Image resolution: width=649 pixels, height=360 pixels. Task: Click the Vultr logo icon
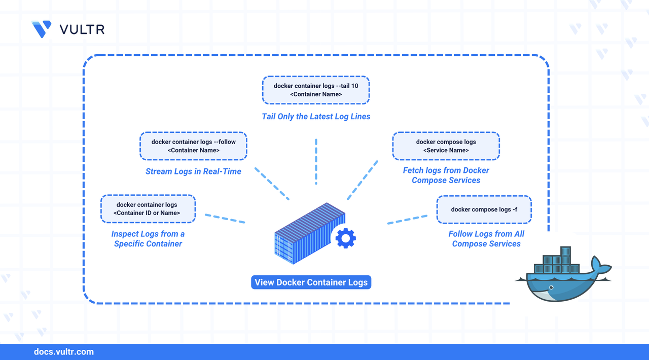pyautogui.click(x=42, y=29)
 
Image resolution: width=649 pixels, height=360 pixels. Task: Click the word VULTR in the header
pyautogui.click(x=82, y=29)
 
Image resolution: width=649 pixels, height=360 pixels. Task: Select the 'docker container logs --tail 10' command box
pyautogui.click(x=315, y=90)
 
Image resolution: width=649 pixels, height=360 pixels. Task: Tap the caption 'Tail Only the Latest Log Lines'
pyautogui.click(x=316, y=117)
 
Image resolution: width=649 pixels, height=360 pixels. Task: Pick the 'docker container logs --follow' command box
pyautogui.click(x=193, y=146)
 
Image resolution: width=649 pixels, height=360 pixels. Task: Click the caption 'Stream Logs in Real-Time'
pyautogui.click(x=193, y=171)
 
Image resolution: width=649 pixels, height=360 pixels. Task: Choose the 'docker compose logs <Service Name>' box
pyautogui.click(x=446, y=146)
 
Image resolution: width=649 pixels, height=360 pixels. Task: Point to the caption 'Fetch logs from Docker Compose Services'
pyautogui.click(x=446, y=175)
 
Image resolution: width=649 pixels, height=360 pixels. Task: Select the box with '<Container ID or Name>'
pyautogui.click(x=147, y=208)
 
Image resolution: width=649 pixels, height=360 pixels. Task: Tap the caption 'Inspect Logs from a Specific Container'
pyautogui.click(x=148, y=239)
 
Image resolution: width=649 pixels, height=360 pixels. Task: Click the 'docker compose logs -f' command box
pyautogui.click(x=484, y=209)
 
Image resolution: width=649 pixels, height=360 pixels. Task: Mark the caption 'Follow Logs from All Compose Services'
pyautogui.click(x=486, y=239)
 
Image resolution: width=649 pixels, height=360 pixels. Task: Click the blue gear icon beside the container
pyautogui.click(x=346, y=238)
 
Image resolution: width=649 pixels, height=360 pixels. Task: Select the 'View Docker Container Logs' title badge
pyautogui.click(x=311, y=282)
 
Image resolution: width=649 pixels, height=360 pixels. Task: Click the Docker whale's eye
pyautogui.click(x=550, y=287)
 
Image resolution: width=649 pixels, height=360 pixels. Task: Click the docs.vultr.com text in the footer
pyautogui.click(x=63, y=352)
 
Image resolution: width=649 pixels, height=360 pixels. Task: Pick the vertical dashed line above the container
pyautogui.click(x=316, y=161)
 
